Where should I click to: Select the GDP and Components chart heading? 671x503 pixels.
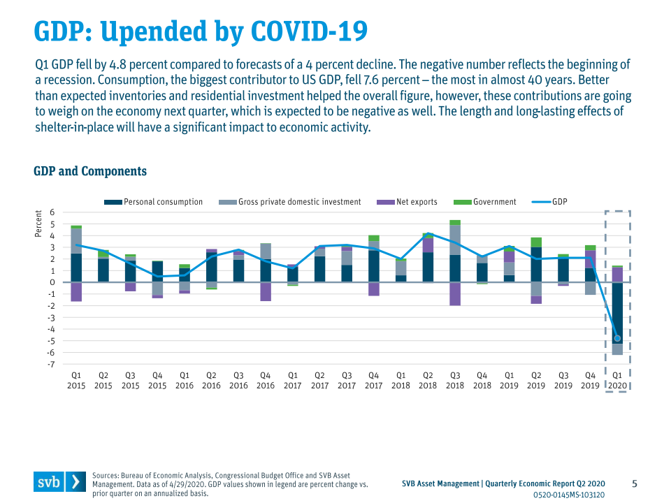point(90,171)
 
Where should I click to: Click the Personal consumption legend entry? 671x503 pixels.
point(154,202)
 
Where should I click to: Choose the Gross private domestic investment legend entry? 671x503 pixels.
point(290,202)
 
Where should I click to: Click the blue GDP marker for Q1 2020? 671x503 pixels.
point(617,338)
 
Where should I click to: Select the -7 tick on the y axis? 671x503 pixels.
point(50,364)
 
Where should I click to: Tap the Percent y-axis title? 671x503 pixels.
point(39,224)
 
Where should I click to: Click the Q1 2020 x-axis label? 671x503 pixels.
point(617,380)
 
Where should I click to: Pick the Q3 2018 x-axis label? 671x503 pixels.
point(455,380)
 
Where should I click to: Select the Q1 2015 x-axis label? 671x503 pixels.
point(76,380)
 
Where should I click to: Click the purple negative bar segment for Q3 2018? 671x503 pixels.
point(455,294)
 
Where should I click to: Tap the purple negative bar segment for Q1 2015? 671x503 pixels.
point(76,292)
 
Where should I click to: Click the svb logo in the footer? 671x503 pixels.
point(59,482)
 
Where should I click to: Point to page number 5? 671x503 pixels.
point(635,483)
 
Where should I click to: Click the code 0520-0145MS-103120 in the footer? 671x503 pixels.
point(569,495)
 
